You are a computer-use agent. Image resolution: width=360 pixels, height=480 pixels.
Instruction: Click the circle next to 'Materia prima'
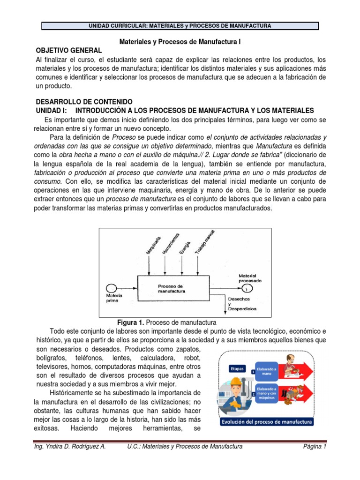pos(111,288)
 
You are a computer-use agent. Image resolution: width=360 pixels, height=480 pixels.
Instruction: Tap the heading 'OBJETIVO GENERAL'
pos(68,51)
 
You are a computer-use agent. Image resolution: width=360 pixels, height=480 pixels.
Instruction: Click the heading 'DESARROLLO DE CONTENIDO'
pos(84,102)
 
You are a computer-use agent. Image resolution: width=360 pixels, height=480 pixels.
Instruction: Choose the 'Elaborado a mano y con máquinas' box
pos(269,392)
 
